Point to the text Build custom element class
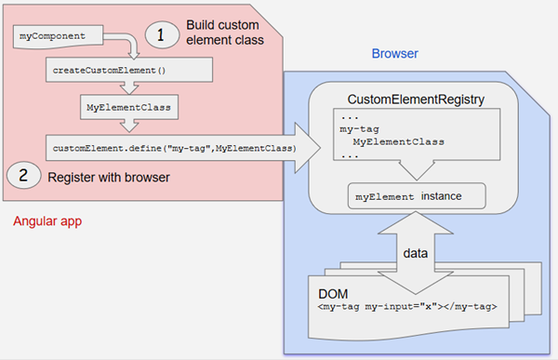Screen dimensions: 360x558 tap(223, 33)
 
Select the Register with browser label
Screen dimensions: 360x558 tap(102, 174)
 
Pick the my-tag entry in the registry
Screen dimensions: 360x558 tap(355, 130)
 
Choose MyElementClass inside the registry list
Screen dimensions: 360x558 tap(398, 142)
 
